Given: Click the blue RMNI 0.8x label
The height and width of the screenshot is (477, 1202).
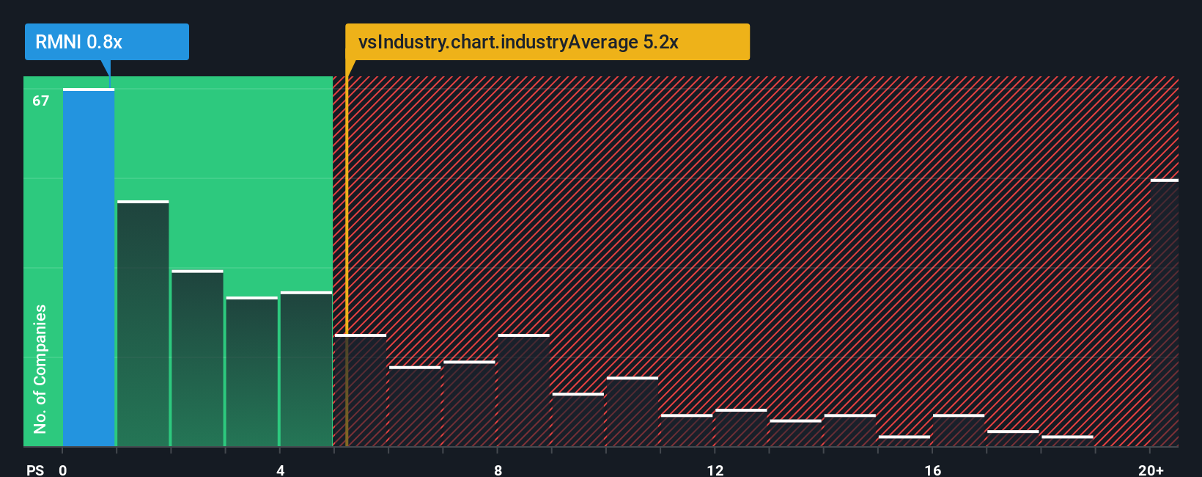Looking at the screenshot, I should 106,42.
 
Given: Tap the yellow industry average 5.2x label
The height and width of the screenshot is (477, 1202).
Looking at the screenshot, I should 547,42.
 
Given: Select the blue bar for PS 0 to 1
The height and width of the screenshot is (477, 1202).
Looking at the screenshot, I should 89,268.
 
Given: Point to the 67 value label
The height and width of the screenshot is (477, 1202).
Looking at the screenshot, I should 41,101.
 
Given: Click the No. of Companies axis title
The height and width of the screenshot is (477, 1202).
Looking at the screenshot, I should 40,368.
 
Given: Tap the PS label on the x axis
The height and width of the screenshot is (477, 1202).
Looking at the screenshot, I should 35,470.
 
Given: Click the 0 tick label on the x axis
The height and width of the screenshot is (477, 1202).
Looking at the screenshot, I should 63,470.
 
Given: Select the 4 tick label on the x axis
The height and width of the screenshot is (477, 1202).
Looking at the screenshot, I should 280,470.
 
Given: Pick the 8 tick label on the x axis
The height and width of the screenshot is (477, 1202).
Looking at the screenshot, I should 498,470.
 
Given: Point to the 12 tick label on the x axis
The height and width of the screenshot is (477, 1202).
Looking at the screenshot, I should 715,470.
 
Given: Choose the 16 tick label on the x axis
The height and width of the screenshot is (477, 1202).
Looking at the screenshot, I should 932,470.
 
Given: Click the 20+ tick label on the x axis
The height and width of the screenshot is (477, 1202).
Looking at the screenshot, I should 1151,470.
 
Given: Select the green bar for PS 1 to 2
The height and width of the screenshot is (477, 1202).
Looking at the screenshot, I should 143,324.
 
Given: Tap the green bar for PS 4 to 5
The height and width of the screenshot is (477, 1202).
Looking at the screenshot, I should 306,369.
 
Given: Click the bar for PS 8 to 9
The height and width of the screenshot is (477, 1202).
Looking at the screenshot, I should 523,390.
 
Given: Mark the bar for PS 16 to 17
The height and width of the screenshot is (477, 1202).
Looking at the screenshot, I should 959,431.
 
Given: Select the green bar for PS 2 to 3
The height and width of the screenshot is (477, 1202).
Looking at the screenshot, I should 197,359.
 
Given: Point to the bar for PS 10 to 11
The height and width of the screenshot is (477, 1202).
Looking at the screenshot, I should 633,412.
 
